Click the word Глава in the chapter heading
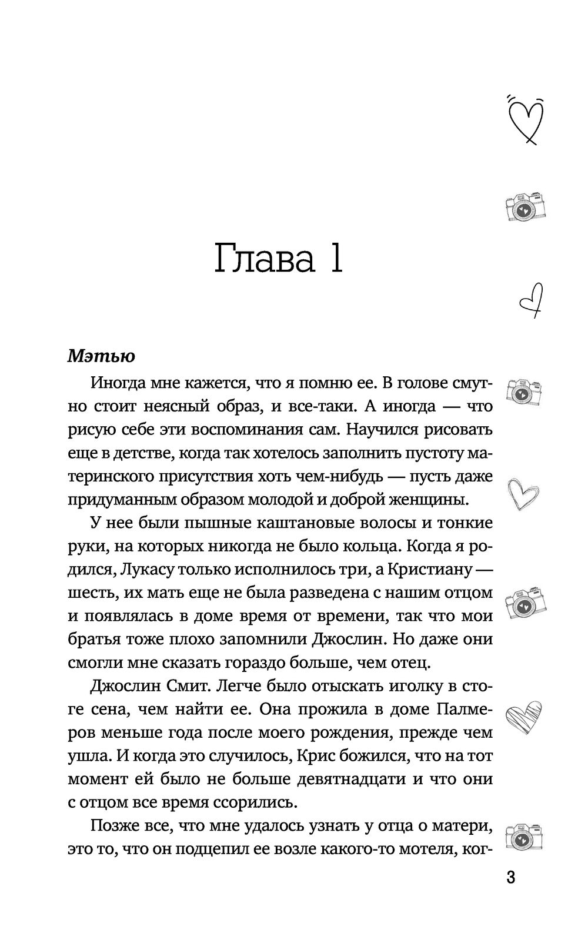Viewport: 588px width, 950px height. (264, 258)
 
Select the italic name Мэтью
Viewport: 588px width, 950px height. (101, 356)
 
